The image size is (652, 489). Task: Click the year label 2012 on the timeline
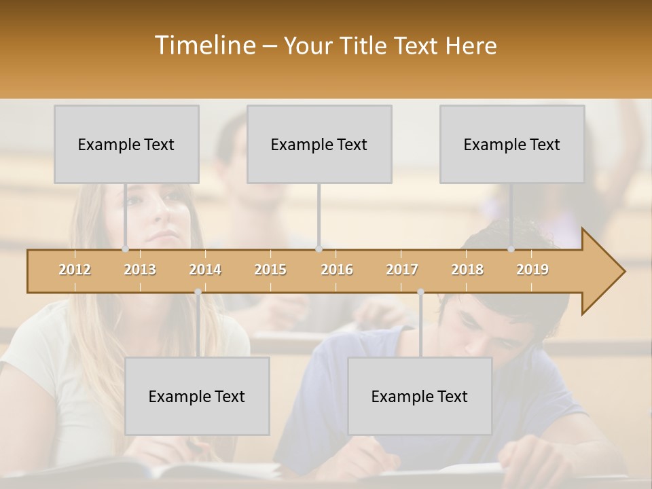point(75,270)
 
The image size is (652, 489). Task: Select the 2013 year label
point(140,270)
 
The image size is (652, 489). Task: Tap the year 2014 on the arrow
point(205,270)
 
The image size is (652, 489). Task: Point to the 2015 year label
point(270,270)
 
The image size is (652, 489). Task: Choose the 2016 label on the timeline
point(337,270)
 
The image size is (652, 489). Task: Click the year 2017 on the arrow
point(402,270)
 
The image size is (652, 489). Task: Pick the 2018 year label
point(467,270)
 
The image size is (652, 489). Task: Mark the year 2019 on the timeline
point(532,270)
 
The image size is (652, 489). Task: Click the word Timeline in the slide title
point(204,46)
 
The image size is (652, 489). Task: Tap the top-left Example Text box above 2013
point(126,144)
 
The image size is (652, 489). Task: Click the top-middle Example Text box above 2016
point(319,144)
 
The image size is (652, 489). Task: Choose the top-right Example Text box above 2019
point(512,144)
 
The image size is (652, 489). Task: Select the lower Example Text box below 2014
point(197,396)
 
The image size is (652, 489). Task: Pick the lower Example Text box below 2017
point(420,396)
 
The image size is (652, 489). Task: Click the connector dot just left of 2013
point(125,249)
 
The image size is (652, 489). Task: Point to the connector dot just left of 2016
point(319,249)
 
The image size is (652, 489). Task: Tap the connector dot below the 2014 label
point(198,292)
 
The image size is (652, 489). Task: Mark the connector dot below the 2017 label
point(420,292)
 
